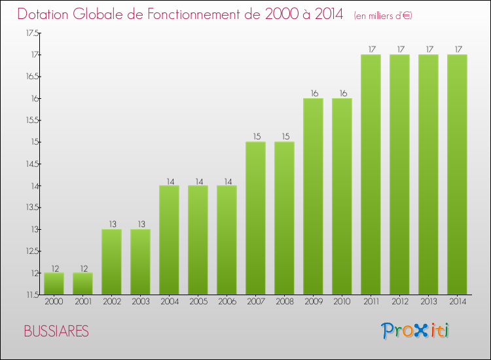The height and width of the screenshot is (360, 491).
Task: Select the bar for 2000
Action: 54,283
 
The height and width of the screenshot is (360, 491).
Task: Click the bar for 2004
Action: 169,240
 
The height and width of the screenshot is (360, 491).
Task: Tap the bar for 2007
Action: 255,218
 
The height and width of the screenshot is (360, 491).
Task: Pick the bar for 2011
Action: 371,174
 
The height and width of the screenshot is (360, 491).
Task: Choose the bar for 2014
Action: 457,174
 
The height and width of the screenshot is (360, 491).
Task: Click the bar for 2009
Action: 313,196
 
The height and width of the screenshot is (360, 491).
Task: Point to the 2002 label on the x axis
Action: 111,302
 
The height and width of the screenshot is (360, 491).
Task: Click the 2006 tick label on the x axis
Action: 227,302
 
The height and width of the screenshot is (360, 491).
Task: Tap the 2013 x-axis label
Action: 428,302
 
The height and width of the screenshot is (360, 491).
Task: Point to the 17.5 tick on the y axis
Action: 31,33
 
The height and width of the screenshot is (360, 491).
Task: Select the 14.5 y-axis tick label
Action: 31,164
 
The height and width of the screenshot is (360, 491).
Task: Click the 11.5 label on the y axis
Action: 31,295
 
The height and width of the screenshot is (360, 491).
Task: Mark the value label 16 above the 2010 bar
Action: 342,93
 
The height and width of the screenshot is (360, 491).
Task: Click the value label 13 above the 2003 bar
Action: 140,224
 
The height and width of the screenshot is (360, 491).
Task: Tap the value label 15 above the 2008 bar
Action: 284,137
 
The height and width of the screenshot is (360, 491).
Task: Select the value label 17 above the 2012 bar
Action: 399,49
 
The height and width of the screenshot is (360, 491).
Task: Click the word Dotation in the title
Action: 45,14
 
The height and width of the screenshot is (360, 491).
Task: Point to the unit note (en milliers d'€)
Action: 382,16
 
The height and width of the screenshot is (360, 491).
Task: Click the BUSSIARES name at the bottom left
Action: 56,331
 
